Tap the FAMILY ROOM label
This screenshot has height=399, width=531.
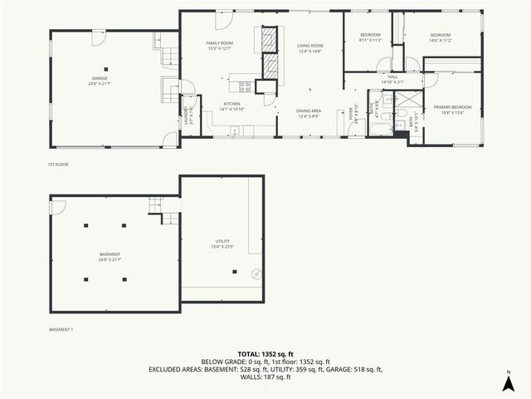click(x=220, y=42)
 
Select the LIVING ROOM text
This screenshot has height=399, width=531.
click(x=309, y=46)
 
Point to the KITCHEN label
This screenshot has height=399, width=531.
click(x=231, y=104)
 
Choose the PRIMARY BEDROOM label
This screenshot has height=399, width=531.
click(x=452, y=107)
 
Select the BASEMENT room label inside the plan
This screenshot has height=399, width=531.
click(x=110, y=254)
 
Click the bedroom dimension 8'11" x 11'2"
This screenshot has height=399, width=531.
click(x=369, y=40)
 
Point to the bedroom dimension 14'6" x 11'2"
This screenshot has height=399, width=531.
click(x=440, y=40)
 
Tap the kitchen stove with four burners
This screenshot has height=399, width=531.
click(x=246, y=85)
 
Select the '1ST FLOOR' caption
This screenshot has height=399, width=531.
click(x=58, y=165)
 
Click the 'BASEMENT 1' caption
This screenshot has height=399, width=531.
click(x=61, y=330)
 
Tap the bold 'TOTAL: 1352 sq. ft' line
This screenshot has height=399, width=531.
click(x=265, y=354)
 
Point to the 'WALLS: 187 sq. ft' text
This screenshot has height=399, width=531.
click(x=265, y=377)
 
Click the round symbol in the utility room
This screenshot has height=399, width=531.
click(x=256, y=275)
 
